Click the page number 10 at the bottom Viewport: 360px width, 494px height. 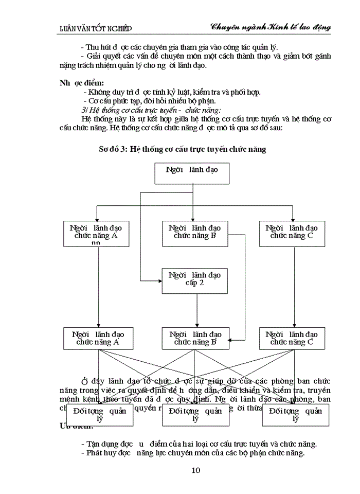point(195,470)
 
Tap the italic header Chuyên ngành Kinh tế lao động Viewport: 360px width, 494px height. point(270,27)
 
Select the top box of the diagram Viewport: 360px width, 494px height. point(191,173)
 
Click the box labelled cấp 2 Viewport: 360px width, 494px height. point(194,280)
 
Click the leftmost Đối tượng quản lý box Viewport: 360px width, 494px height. point(100,415)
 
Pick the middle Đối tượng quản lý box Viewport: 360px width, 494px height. point(195,415)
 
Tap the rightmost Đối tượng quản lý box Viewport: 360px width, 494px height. point(295,415)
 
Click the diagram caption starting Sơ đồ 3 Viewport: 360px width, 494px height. point(183,149)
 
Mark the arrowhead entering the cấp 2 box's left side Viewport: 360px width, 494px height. point(159,280)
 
